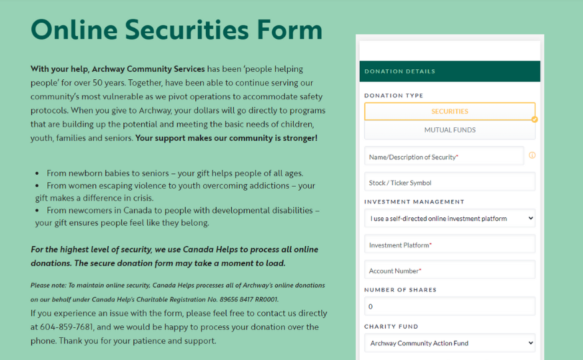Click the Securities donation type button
click(450, 111)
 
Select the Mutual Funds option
click(450, 130)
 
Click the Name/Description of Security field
click(444, 157)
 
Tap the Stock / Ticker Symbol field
click(450, 182)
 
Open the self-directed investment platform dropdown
click(450, 218)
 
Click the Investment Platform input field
click(450, 245)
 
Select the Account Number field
click(450, 271)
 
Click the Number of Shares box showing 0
click(450, 307)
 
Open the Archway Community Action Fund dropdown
click(450, 343)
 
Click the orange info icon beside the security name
click(532, 155)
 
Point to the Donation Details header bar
click(450, 71)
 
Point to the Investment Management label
click(414, 201)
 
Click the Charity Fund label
click(391, 327)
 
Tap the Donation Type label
click(394, 95)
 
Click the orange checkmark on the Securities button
click(534, 119)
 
